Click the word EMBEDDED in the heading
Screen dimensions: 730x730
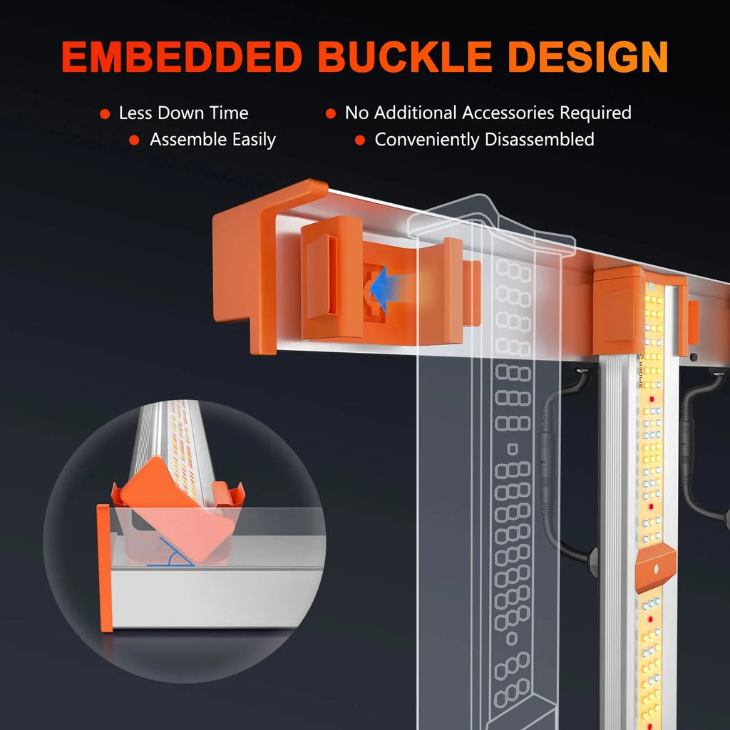click(x=182, y=57)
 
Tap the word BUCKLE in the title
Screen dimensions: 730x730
click(x=405, y=57)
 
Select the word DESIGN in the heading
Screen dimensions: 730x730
click(x=588, y=57)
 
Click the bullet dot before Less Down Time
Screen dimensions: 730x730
click(x=105, y=114)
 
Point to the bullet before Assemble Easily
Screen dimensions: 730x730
click(x=134, y=140)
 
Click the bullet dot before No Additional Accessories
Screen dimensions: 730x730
click(x=331, y=113)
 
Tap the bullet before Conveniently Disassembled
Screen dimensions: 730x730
click(x=360, y=140)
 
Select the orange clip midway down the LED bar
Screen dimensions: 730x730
click(x=656, y=567)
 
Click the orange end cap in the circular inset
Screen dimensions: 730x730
click(x=105, y=568)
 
